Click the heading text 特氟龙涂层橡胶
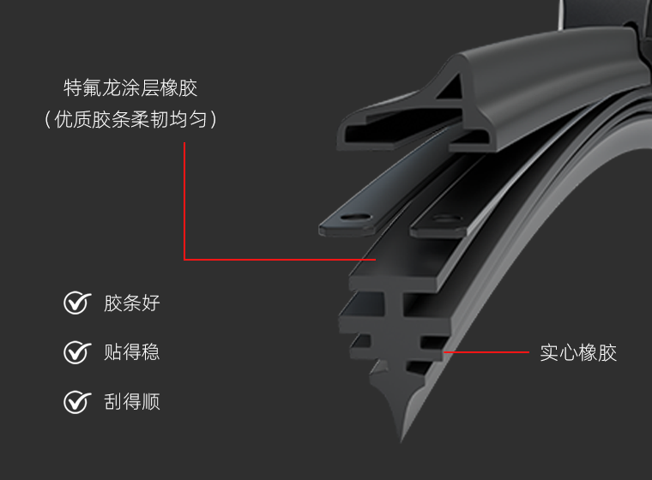(130, 87)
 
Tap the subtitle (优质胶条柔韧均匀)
(130, 120)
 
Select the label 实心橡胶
(578, 353)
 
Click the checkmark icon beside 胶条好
(77, 303)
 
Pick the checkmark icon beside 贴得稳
(77, 352)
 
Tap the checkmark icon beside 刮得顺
(77, 402)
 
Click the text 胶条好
(132, 303)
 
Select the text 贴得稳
(132, 352)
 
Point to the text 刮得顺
(132, 402)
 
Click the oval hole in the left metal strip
(356, 218)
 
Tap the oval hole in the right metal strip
(446, 219)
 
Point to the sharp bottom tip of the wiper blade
(401, 441)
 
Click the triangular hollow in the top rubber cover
(451, 87)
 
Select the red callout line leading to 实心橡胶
(486, 352)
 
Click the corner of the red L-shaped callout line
(184, 260)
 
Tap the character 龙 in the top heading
(111, 87)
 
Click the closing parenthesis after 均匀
(214, 120)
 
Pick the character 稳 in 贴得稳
(150, 352)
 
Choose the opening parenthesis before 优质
(47, 120)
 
